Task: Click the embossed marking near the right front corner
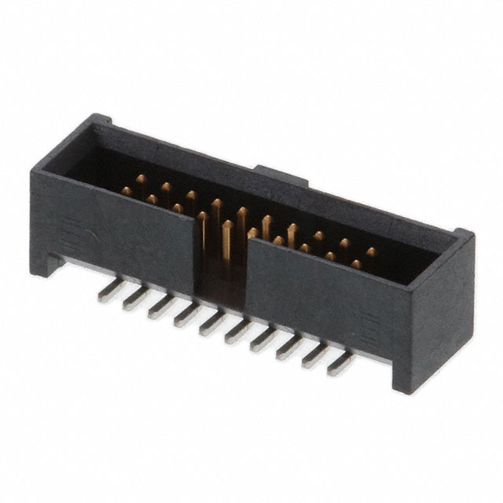coord(368,323)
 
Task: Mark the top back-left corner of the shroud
coord(101,119)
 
